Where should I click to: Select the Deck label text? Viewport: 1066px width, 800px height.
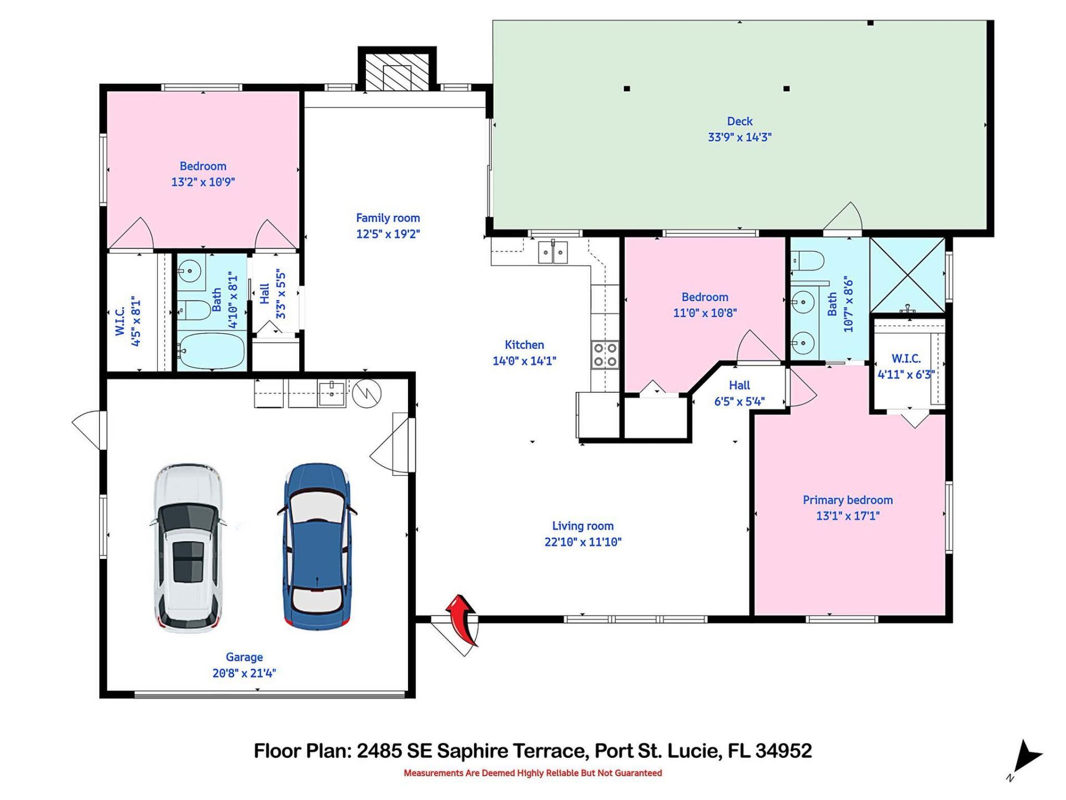click(740, 121)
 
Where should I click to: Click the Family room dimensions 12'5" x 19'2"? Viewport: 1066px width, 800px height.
click(388, 234)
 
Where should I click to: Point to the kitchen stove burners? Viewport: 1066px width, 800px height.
click(605, 355)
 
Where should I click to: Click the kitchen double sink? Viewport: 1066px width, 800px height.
click(553, 253)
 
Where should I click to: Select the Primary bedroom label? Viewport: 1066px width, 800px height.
click(847, 500)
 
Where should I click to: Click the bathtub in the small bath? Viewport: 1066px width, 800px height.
click(212, 351)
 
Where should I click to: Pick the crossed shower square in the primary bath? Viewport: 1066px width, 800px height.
click(907, 274)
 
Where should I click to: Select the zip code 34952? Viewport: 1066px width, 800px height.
click(783, 751)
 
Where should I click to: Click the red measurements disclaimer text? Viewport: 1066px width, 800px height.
click(532, 773)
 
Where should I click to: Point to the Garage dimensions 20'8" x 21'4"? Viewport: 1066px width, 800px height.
click(244, 673)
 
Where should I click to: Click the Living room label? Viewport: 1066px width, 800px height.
click(582, 526)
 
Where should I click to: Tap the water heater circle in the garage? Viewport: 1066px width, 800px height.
click(367, 394)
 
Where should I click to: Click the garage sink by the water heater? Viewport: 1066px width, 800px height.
click(331, 393)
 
